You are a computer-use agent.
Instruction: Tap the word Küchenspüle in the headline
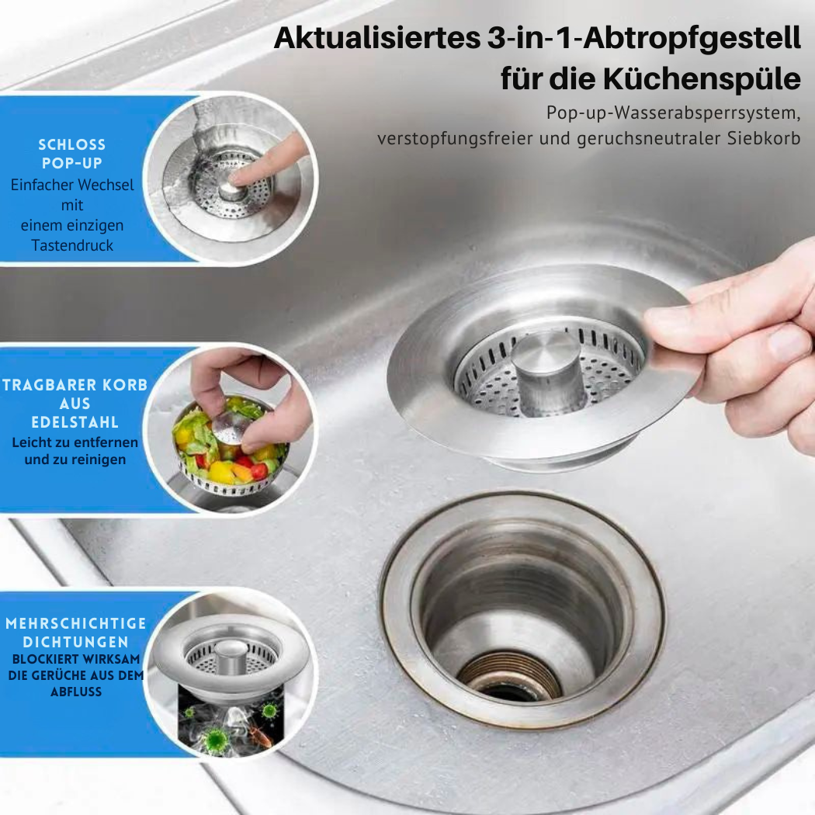702,78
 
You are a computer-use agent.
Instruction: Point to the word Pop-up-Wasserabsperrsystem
673,113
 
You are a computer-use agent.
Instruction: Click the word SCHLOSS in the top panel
71,144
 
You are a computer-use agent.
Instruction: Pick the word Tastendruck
71,244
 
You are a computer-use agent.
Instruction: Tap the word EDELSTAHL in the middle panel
75,422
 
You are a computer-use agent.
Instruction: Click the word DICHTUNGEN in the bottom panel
75,642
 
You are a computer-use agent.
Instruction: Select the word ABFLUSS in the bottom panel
76,692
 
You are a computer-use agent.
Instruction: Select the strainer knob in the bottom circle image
231,656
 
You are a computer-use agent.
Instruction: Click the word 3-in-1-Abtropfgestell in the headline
644,39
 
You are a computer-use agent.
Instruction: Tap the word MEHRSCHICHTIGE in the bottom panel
76,623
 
